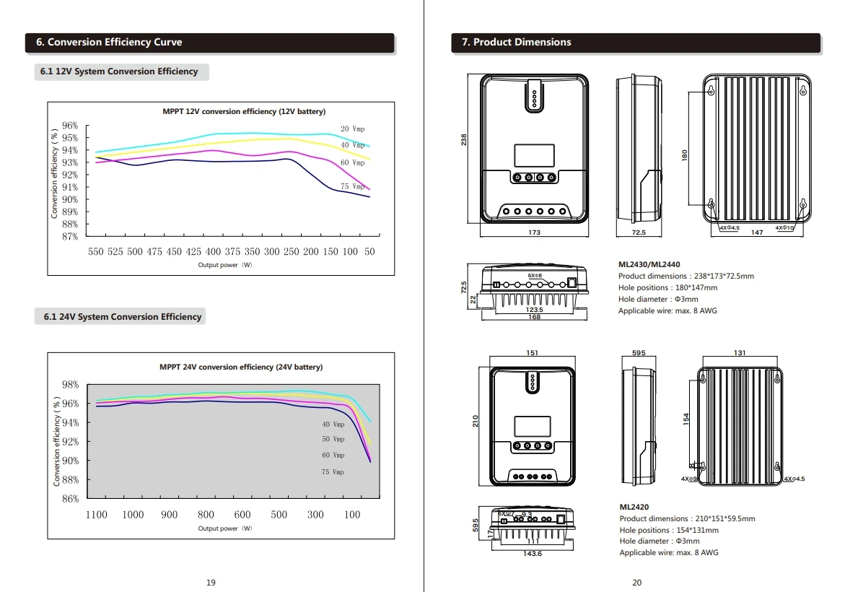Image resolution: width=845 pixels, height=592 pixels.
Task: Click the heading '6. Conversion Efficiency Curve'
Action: point(109,42)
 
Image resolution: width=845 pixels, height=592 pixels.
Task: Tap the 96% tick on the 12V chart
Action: point(70,126)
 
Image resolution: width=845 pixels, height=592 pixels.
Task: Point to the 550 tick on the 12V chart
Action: point(96,252)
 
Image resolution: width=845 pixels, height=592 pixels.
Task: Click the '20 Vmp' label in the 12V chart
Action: point(352,129)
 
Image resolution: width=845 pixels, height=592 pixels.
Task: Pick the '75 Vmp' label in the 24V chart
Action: point(333,472)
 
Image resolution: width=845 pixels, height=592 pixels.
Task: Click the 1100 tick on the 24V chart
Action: point(96,515)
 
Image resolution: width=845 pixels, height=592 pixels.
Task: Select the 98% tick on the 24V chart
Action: point(70,384)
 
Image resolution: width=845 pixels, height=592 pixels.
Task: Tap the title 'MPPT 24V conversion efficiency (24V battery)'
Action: point(241,367)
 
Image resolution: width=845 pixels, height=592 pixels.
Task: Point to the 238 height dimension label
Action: point(464,140)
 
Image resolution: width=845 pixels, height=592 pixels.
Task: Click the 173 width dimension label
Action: point(534,232)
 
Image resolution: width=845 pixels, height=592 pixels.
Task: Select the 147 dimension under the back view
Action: point(757,232)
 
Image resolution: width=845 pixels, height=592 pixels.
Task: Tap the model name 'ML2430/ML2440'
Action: point(649,265)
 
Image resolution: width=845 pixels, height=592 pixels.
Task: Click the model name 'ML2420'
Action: point(634,508)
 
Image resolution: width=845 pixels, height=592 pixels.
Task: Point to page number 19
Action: point(211,583)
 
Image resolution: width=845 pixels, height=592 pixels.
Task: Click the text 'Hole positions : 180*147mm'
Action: point(667,288)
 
